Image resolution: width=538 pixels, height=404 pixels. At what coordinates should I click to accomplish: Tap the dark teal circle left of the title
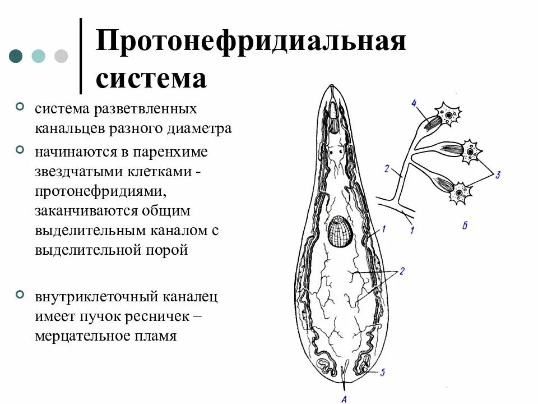tap(16, 56)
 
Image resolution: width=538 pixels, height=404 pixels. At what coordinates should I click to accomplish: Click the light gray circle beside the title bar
tap(61, 56)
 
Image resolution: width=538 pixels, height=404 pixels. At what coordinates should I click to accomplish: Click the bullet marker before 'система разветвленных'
tap(20, 105)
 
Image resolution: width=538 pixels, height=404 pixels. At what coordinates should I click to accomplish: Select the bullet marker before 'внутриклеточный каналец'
tap(20, 295)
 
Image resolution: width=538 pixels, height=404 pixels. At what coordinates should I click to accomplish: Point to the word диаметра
tap(200, 128)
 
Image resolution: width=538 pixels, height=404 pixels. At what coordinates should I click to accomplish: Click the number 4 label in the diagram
tap(413, 103)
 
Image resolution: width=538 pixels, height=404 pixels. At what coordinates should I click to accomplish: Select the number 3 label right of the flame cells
tap(498, 175)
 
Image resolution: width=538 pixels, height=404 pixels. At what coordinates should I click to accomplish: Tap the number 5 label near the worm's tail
tap(382, 372)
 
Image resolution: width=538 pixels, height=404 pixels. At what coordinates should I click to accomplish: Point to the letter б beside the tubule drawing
tap(465, 226)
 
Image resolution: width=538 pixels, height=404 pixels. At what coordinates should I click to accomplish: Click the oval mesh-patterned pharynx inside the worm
tap(341, 231)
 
